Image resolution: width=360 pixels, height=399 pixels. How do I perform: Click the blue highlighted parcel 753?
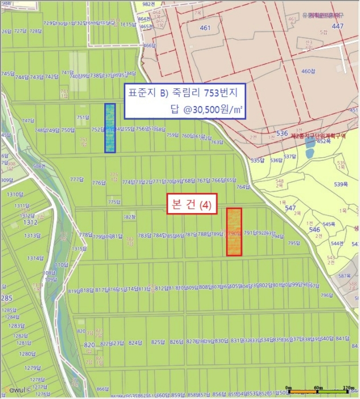[x=110, y=128]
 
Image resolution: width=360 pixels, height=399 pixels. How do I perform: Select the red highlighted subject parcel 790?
[x=234, y=231]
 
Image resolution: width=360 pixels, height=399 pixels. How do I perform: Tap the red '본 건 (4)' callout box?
[x=192, y=205]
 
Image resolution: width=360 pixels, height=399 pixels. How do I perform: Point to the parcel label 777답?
[x=76, y=180]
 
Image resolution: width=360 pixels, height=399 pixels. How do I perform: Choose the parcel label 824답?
[x=135, y=343]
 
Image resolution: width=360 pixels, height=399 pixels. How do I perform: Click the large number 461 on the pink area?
[x=205, y=27]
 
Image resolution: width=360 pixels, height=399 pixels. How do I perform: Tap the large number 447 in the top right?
[x=338, y=26]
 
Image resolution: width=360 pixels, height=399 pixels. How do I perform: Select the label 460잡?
[x=308, y=71]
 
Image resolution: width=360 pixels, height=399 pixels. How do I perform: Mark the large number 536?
[x=282, y=133]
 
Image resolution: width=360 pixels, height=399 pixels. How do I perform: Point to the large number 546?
[x=314, y=229]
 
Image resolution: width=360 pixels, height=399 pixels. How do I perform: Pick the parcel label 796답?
[x=326, y=295]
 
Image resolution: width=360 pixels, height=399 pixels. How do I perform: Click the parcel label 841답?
[x=343, y=339]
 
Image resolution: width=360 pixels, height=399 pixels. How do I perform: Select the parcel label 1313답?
[x=32, y=235]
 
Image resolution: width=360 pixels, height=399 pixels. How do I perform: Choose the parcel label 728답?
[x=35, y=31]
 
